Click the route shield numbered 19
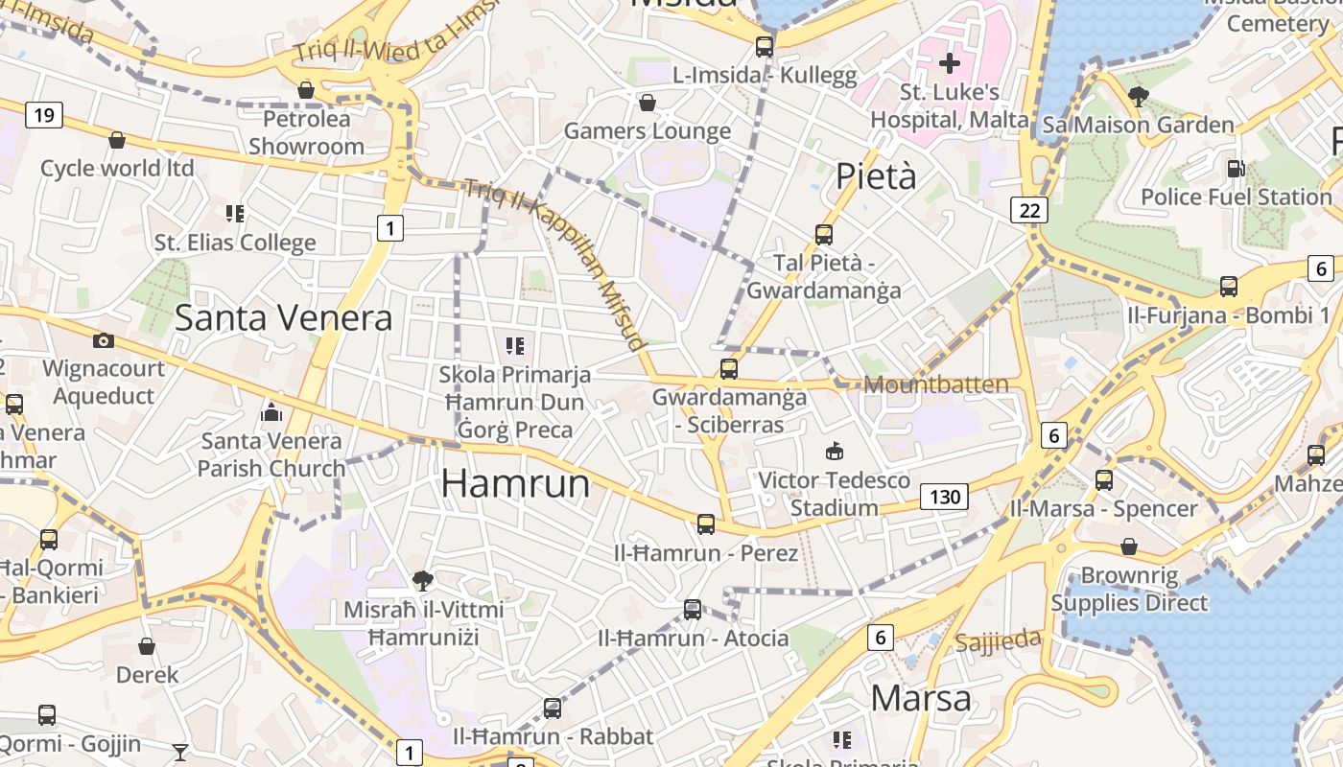(x=43, y=116)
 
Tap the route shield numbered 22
(x=1029, y=210)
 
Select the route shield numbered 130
(x=944, y=497)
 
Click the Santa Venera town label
(x=283, y=317)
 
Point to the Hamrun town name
(x=515, y=483)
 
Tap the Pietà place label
(x=876, y=176)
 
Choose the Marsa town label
(x=921, y=698)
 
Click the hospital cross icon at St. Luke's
(x=950, y=64)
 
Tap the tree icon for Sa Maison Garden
(x=1139, y=96)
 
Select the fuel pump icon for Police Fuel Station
(x=1236, y=169)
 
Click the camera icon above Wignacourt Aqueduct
(x=104, y=340)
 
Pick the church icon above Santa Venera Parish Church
(x=271, y=413)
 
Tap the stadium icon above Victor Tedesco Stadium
(x=835, y=452)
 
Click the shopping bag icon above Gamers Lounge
(x=648, y=103)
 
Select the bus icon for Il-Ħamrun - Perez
(x=706, y=524)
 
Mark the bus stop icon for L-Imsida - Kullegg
(x=765, y=46)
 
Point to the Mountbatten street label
(x=936, y=384)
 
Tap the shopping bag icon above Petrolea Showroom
(x=306, y=90)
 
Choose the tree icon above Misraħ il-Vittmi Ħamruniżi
(x=422, y=580)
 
